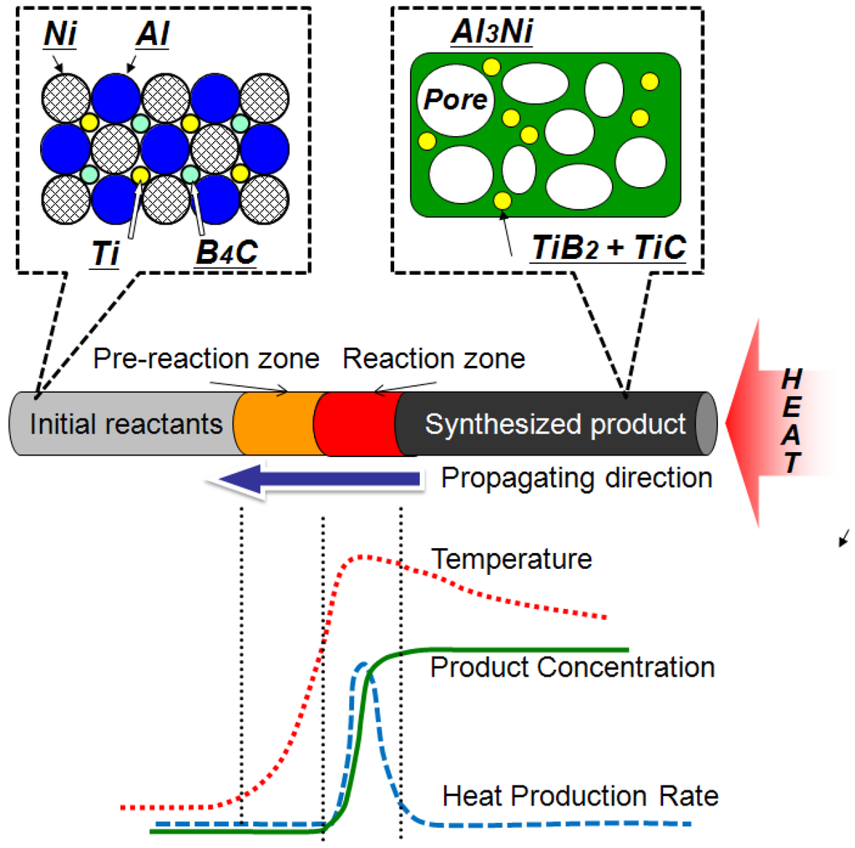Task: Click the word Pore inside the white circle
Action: tap(453, 100)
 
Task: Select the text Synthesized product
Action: tap(555, 424)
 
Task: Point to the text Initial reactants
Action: tap(126, 424)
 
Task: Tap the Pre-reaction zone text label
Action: tap(206, 359)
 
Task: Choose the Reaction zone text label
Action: tap(434, 359)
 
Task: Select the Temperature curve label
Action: tap(511, 558)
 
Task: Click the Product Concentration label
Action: tap(572, 668)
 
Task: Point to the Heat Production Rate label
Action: tap(579, 796)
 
